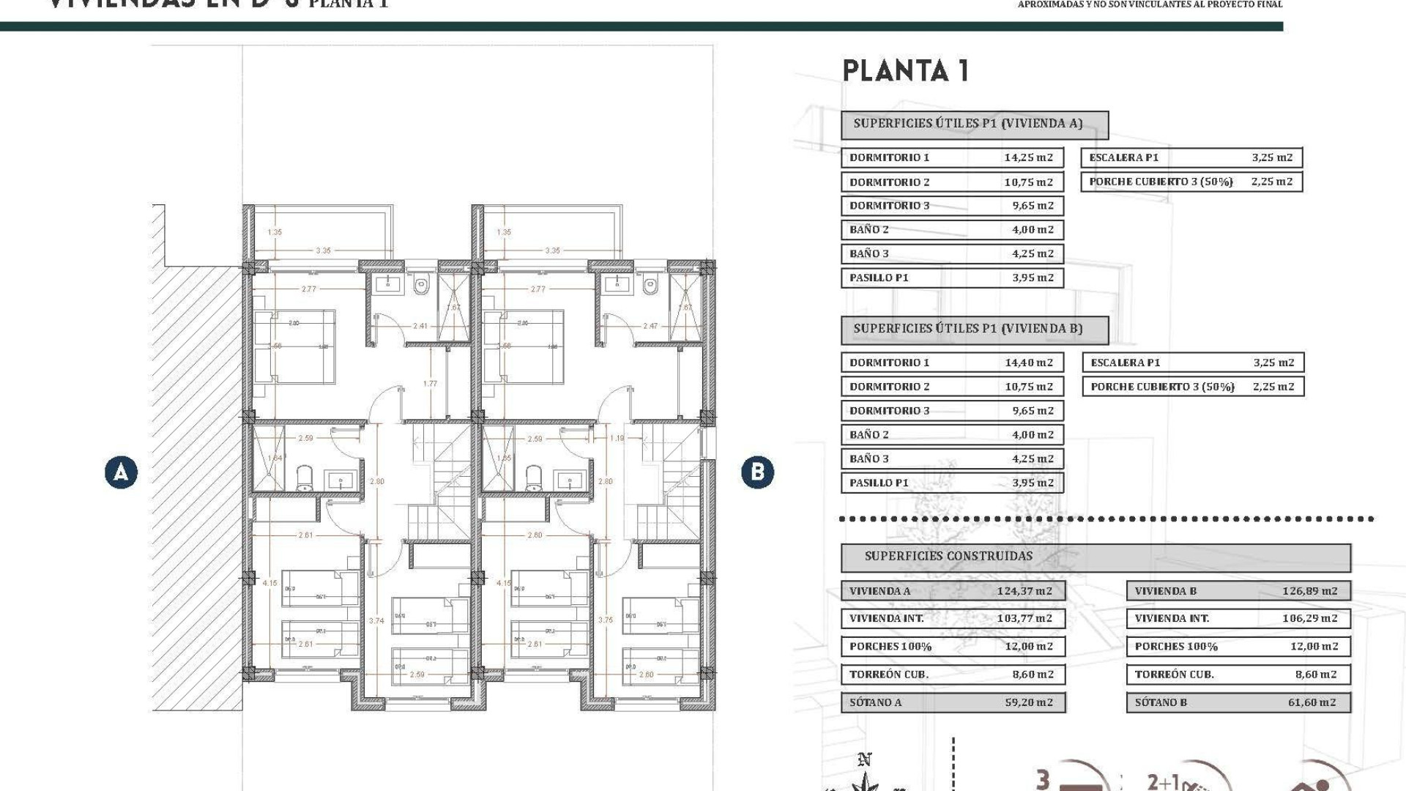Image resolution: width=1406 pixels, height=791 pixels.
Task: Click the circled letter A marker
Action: coord(121,472)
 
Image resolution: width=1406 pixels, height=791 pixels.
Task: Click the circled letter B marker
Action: coord(757,472)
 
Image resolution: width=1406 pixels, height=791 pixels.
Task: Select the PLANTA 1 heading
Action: coord(906,71)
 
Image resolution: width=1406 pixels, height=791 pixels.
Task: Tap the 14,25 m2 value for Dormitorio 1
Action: coord(1028,157)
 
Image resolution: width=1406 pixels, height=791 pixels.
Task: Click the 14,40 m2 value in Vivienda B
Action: coord(1028,363)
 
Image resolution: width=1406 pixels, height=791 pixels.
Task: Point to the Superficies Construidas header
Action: coord(948,556)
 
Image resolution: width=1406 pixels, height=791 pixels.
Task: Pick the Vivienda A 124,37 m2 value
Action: coord(1024,591)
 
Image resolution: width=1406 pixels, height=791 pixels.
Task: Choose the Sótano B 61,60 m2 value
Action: coord(1312,702)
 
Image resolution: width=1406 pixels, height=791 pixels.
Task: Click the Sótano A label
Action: coord(875,702)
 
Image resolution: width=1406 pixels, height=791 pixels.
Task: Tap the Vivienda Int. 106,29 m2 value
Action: coord(1309,618)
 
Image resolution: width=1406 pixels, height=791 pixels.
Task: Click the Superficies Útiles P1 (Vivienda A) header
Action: coord(967,124)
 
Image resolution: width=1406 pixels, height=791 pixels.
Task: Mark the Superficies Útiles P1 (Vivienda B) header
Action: coord(967,329)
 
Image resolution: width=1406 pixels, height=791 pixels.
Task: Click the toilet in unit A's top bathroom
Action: coord(420,285)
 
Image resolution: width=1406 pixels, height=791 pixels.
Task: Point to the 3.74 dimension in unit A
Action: coord(376,620)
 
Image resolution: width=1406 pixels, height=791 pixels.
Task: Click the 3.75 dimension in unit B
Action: coord(606,620)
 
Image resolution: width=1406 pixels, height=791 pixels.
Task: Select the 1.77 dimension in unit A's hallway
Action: coord(430,383)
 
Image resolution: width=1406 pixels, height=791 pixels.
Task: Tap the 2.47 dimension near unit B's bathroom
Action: coord(650,326)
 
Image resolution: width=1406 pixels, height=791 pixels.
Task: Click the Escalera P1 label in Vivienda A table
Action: coord(1123,157)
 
